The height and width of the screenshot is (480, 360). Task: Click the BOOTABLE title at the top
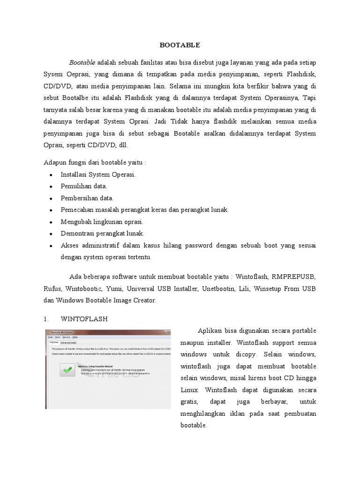(x=180, y=45)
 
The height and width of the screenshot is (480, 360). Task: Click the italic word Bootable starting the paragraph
(x=82, y=62)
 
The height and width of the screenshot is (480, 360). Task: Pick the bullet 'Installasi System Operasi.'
(x=98, y=174)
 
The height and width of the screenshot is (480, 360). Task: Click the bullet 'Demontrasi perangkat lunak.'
(x=102, y=233)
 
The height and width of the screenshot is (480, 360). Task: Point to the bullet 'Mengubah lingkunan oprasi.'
(x=102, y=222)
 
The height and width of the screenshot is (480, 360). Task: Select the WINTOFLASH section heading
(x=84, y=319)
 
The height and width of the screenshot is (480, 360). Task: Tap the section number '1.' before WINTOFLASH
(x=46, y=319)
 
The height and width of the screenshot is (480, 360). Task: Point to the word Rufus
(x=52, y=289)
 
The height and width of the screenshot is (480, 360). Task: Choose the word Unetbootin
(x=218, y=289)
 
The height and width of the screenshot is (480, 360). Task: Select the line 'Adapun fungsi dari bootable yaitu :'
(x=95, y=163)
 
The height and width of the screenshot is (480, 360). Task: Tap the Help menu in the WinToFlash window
(x=75, y=337)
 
